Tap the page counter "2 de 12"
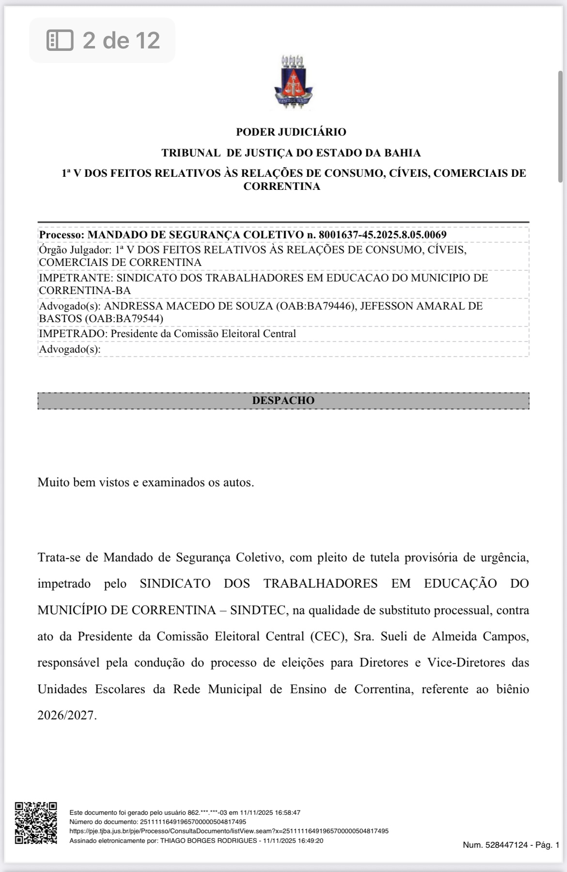pyautogui.click(x=121, y=40)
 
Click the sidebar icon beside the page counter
pyautogui.click(x=60, y=40)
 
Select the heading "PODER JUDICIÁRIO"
pyautogui.click(x=291, y=132)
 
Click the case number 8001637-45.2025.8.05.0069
pyautogui.click(x=382, y=235)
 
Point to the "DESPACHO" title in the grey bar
pyautogui.click(x=283, y=401)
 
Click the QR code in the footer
pyautogui.click(x=35, y=823)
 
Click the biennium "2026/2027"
pyautogui.click(x=67, y=716)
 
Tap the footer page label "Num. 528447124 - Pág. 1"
pyautogui.click(x=511, y=845)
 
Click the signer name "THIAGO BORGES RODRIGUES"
pyautogui.click(x=208, y=841)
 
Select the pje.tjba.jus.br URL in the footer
pyautogui.click(x=229, y=831)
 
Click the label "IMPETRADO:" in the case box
pyautogui.click(x=73, y=334)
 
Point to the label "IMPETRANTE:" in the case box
pyautogui.click(x=75, y=278)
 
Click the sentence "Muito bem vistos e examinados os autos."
pyautogui.click(x=145, y=483)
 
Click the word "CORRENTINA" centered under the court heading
pyautogui.click(x=282, y=187)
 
